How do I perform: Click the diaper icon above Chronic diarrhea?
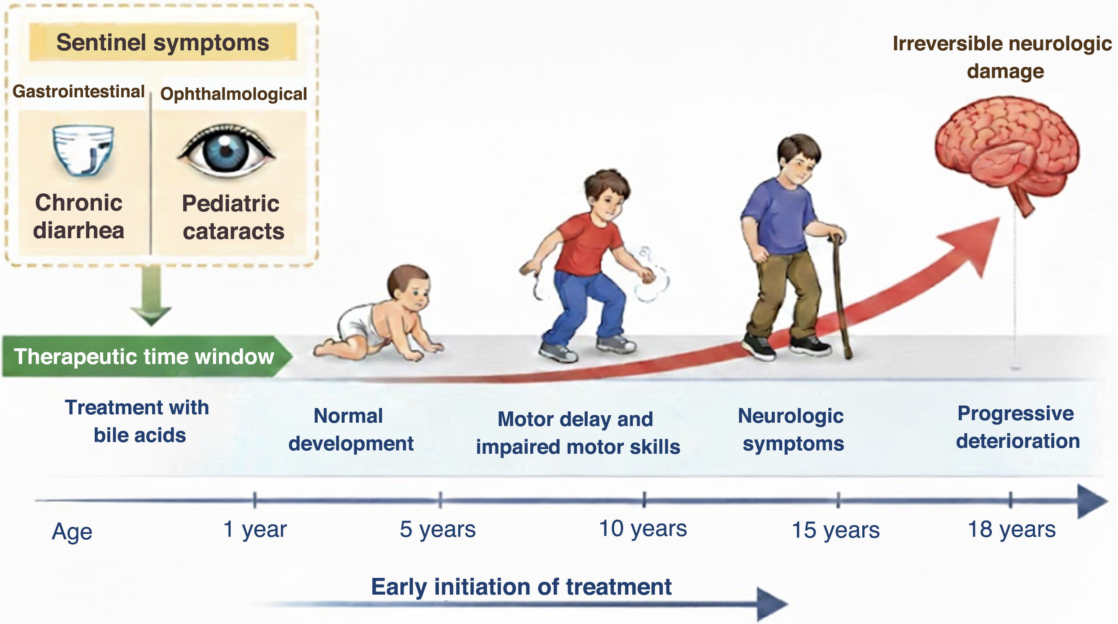83,150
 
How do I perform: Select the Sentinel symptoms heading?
163,42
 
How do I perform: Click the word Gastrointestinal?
78,91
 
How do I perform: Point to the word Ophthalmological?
233,94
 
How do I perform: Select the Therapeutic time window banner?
147,356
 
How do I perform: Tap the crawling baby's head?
409,287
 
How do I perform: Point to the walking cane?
841,295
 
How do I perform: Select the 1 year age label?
255,529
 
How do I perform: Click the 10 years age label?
643,529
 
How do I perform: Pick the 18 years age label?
1012,530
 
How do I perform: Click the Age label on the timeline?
72,531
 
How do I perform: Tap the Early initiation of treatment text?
521,587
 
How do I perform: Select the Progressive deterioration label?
1017,427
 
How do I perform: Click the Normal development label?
351,429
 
